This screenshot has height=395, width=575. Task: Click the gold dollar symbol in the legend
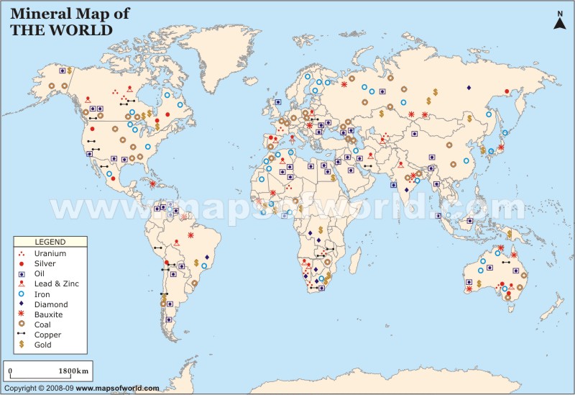point(22,345)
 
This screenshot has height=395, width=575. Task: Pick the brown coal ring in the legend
point(22,324)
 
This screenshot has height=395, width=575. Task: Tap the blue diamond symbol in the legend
point(22,304)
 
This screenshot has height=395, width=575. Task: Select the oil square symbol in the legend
point(22,274)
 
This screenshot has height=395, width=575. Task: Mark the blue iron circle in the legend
point(22,294)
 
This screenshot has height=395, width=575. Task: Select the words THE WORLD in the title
point(60,30)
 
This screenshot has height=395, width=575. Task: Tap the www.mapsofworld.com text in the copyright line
point(117,389)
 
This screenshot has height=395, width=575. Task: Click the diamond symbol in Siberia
point(469,88)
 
